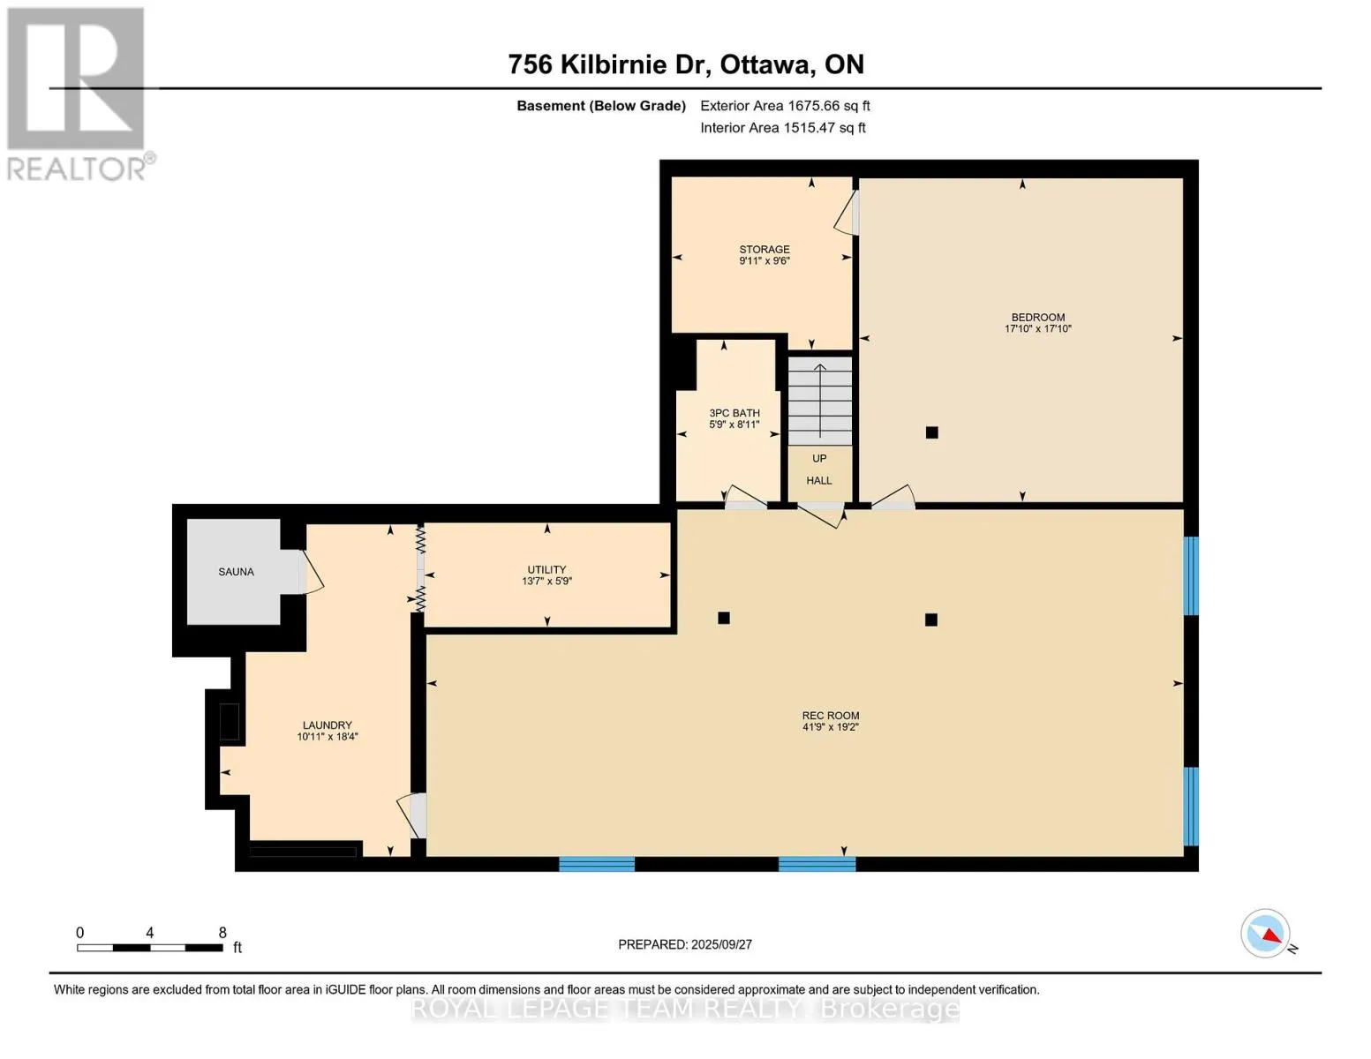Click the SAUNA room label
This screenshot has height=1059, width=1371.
[x=236, y=572]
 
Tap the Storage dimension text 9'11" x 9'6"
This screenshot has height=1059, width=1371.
[x=765, y=260]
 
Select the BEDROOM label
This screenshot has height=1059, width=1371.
[x=1038, y=317]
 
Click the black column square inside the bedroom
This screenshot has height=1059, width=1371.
[x=932, y=432]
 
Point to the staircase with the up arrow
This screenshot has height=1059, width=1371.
[x=819, y=402]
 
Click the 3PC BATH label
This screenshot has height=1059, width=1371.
[x=734, y=413]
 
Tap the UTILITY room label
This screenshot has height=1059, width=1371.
[x=546, y=569]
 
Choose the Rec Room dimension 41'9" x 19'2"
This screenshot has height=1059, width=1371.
[x=831, y=726]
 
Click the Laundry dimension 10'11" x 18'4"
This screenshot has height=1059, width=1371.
[x=328, y=736]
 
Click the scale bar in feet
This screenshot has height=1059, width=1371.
[x=150, y=947]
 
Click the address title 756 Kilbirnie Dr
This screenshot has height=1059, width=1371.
[x=610, y=64]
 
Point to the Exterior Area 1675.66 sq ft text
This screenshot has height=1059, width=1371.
[x=785, y=106]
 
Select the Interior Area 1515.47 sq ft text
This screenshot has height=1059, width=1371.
[x=783, y=128]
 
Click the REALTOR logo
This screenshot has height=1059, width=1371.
[x=78, y=94]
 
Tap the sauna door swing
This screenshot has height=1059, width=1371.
[x=311, y=572]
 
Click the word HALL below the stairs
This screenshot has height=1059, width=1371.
[x=819, y=481]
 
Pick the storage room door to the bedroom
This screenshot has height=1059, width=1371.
[x=847, y=213]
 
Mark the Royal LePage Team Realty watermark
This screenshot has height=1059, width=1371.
[x=685, y=1010]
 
